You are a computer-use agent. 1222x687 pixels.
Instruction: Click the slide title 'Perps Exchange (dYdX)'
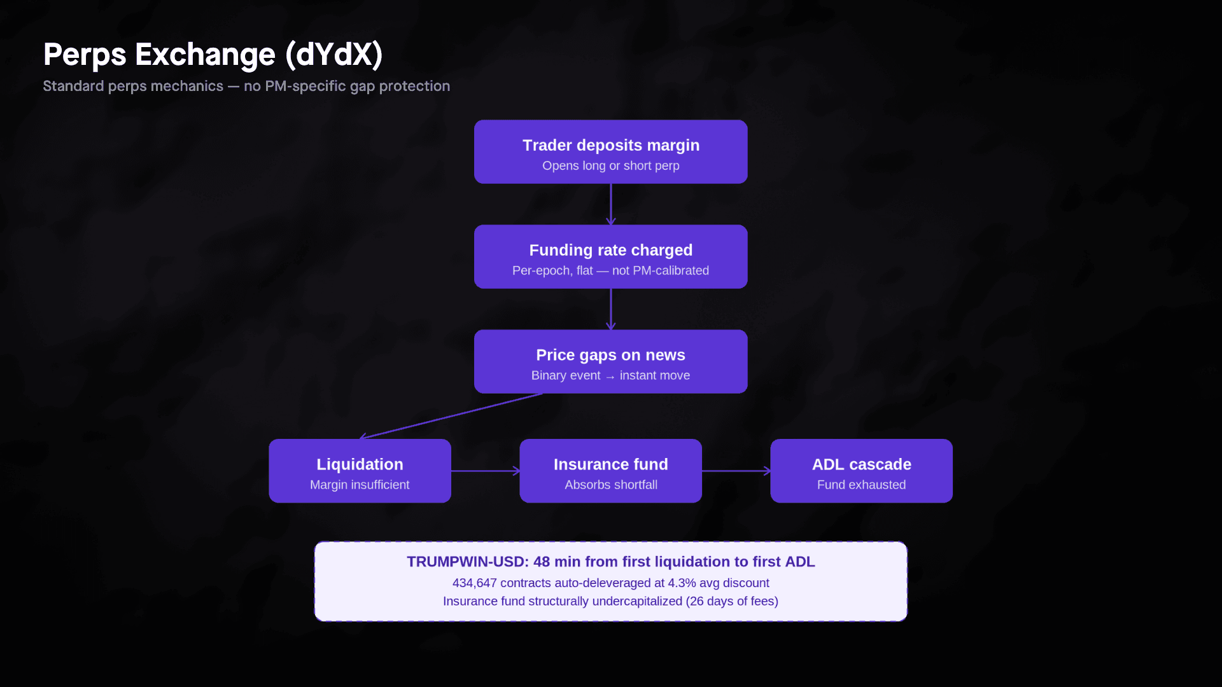pos(213,55)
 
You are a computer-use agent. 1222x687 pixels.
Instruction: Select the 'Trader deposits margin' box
pos(610,151)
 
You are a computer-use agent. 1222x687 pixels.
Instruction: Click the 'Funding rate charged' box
pos(610,256)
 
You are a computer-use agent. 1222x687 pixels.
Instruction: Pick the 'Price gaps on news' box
pos(610,361)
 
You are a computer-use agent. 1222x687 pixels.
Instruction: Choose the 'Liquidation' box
pos(360,471)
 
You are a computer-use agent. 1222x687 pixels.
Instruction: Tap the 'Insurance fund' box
pos(610,471)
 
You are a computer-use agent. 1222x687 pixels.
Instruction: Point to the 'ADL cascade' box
pos(861,471)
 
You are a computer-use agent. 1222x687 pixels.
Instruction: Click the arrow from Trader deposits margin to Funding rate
pos(611,204)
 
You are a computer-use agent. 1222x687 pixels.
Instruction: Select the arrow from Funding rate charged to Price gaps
pos(611,309)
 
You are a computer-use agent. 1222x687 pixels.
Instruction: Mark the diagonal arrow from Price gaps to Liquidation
pos(452,416)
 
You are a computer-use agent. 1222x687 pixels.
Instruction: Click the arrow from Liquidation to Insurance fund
pos(485,471)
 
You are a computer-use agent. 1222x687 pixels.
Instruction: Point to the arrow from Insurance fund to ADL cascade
pos(736,471)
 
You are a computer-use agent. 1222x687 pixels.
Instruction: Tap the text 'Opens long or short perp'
pos(610,165)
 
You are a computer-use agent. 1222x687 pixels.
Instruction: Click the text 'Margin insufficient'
pos(360,485)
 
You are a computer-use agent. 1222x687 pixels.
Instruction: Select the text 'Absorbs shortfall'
pos(610,485)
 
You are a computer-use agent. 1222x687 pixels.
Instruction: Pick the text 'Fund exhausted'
pos(861,485)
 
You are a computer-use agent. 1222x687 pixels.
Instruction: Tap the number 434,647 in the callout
pos(474,583)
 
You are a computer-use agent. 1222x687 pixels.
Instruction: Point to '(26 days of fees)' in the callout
pos(732,601)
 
